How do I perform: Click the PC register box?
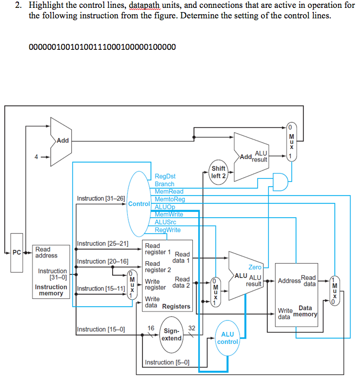16,253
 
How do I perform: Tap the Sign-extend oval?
171,335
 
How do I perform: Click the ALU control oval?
227,338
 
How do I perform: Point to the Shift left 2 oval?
218,172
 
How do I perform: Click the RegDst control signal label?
165,177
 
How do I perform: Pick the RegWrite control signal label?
168,230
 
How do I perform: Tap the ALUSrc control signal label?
166,222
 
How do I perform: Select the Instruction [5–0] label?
167,362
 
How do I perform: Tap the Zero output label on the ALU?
255,267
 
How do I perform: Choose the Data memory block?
297,293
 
